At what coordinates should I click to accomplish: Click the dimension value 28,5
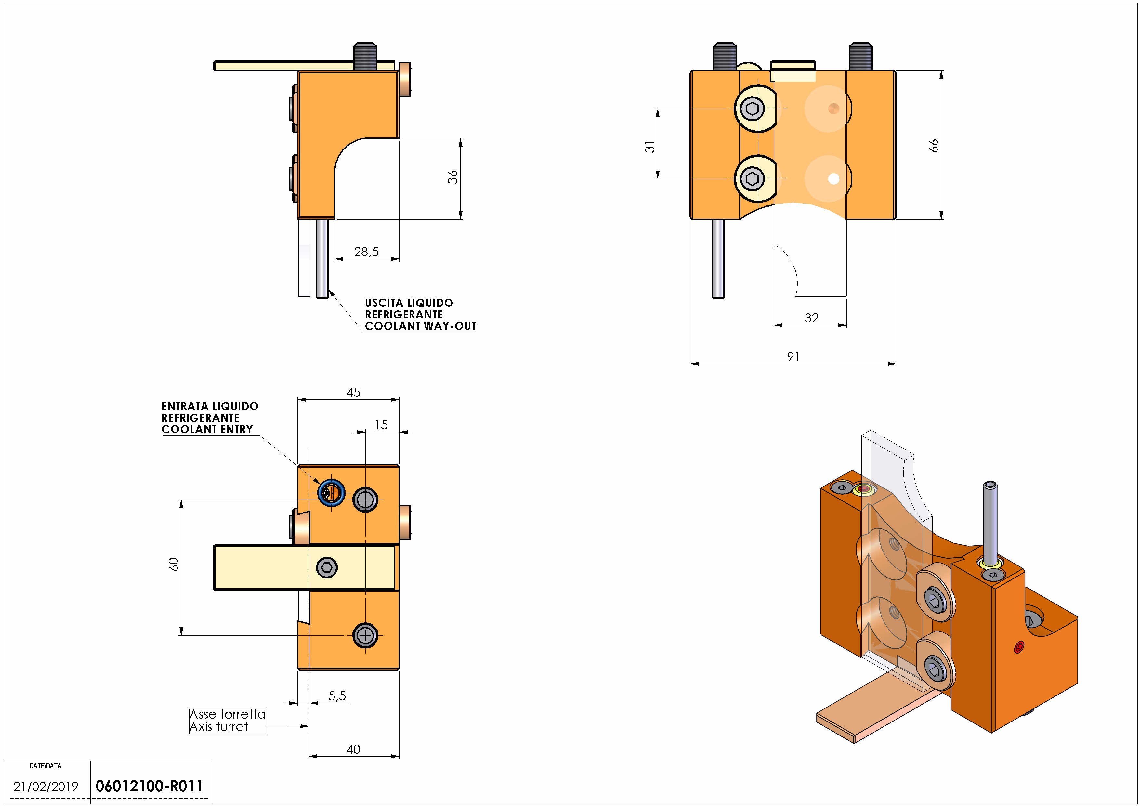click(366, 252)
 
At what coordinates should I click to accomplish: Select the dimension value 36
click(452, 177)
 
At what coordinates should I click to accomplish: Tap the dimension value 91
click(793, 356)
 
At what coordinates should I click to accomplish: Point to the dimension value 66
click(934, 145)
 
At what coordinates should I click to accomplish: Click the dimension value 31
click(650, 146)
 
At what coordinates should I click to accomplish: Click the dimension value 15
click(381, 425)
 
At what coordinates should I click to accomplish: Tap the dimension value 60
click(173, 564)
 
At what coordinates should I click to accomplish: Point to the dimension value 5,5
click(337, 696)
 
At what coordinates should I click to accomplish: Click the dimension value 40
click(353, 749)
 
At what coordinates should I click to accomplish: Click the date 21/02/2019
click(46, 786)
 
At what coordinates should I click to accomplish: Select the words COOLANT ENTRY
click(207, 429)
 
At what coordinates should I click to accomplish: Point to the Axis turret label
click(218, 727)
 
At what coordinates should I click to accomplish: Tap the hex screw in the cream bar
click(327, 567)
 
